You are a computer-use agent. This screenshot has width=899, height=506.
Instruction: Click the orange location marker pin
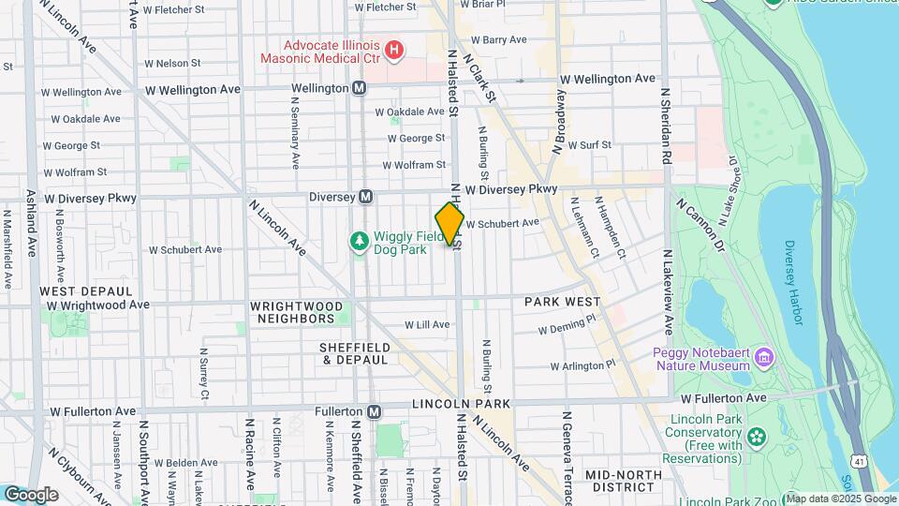tap(449, 223)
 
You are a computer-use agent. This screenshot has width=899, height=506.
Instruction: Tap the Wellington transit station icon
tap(359, 87)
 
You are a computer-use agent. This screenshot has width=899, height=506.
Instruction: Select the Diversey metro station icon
tap(366, 197)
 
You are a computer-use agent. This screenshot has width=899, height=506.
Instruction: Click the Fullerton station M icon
tap(375, 411)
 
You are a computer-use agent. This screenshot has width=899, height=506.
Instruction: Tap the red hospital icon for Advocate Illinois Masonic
tap(394, 48)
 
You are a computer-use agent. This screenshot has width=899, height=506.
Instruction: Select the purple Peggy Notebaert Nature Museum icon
tap(764, 357)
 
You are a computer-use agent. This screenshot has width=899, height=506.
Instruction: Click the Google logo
tap(31, 494)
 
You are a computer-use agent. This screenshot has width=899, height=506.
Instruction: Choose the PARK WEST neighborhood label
tap(562, 302)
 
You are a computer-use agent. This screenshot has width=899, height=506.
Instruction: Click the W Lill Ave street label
tap(427, 324)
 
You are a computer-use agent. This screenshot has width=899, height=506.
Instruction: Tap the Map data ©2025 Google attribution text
tap(840, 498)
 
